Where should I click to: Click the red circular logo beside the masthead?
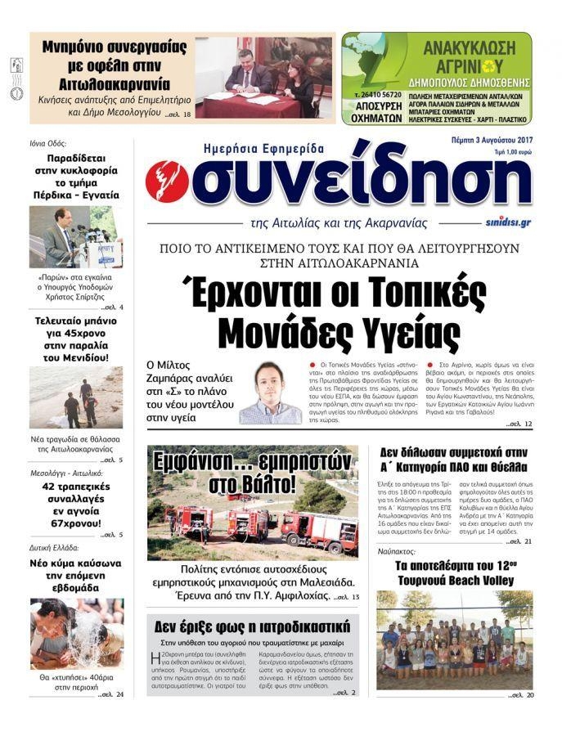[167, 182]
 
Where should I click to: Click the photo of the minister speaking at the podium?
[76, 237]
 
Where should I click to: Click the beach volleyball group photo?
[454, 640]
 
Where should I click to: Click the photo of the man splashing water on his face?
[76, 634]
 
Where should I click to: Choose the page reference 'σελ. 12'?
[519, 424]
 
